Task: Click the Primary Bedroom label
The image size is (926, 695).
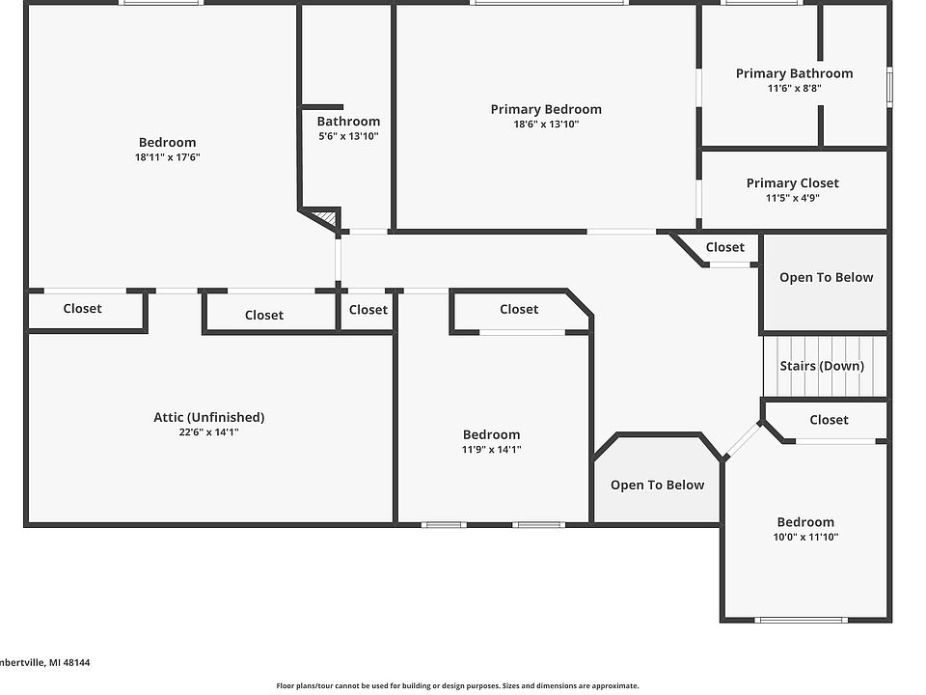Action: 546,109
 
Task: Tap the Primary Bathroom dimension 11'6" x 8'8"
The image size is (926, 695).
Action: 794,88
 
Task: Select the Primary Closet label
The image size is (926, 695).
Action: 792,182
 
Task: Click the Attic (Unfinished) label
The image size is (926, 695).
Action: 208,417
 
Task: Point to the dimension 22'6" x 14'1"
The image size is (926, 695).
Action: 208,432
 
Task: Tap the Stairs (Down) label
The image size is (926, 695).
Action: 822,366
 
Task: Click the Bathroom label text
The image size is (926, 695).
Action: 348,121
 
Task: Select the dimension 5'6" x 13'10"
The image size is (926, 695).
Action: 348,136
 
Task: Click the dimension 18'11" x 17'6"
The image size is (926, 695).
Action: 167,157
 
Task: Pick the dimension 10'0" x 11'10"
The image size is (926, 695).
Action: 805,537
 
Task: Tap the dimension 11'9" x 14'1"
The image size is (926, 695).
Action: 491,449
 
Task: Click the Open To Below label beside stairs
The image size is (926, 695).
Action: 826,277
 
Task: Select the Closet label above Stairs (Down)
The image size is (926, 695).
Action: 724,247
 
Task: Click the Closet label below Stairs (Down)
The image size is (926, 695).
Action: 829,419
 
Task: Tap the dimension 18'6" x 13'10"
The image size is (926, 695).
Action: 546,124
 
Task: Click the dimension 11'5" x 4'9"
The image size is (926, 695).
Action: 792,198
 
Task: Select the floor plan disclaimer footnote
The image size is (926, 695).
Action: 457,685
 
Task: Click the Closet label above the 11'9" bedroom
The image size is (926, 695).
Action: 519,309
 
